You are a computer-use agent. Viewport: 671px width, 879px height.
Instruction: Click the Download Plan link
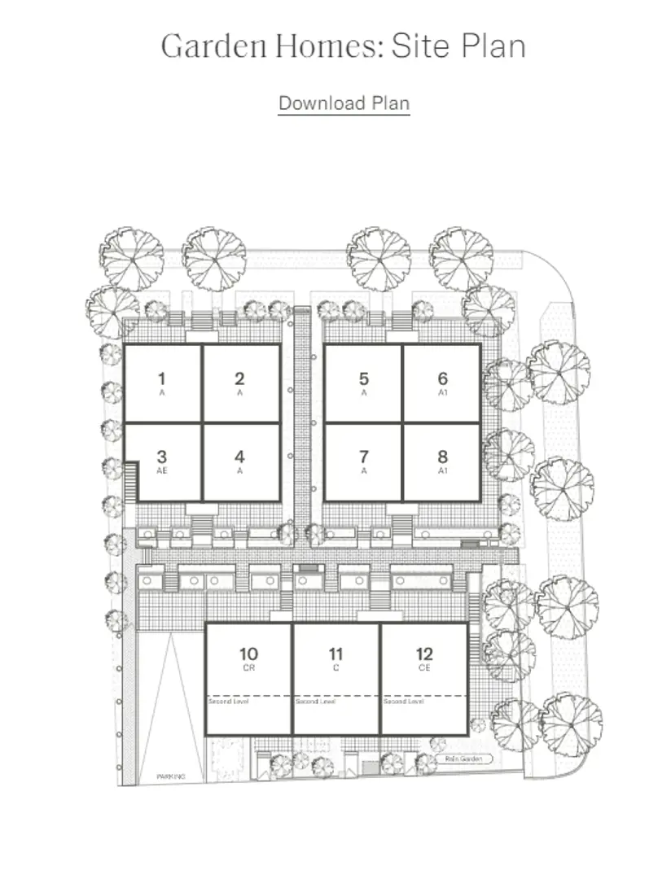[344, 103]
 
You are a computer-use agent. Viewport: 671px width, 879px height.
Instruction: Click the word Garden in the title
[212, 46]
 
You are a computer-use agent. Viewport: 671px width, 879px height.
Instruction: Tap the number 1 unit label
[162, 378]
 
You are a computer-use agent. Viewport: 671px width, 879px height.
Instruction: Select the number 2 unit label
[239, 378]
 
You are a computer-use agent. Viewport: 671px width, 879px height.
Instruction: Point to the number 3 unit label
[162, 457]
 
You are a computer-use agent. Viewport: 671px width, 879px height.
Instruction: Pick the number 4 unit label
[239, 457]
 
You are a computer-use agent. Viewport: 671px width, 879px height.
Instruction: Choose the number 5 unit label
[364, 378]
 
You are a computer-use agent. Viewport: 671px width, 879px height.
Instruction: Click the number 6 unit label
[442, 378]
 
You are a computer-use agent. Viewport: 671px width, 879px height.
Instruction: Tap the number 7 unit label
[364, 457]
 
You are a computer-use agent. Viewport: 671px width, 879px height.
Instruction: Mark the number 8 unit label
[442, 457]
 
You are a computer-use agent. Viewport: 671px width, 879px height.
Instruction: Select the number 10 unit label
[249, 654]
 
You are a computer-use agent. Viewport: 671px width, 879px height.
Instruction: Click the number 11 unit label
[335, 654]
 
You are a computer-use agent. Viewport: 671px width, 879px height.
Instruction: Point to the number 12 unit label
[423, 654]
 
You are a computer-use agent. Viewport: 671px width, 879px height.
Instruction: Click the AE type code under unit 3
[162, 471]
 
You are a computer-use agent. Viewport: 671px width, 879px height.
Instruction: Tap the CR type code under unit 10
[249, 667]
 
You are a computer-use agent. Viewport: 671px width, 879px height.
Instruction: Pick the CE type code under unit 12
[423, 667]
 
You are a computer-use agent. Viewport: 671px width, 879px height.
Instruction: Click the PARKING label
[171, 777]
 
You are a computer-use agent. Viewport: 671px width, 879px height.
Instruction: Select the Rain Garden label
[464, 759]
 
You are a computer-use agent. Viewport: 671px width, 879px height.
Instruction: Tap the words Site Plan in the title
[458, 46]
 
